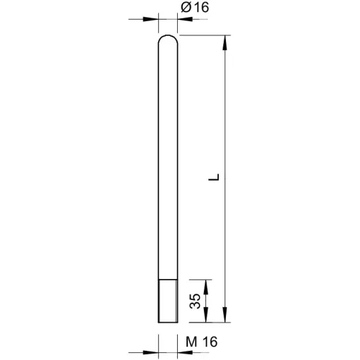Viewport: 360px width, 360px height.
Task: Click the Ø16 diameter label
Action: pos(195,8)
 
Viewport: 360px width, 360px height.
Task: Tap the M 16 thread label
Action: pos(202,342)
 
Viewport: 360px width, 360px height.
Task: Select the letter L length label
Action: pos(214,177)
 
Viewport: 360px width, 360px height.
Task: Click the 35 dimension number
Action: pos(195,301)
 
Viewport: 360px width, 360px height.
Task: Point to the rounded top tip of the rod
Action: pos(168,35)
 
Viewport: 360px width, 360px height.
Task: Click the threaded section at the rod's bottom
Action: pos(168,301)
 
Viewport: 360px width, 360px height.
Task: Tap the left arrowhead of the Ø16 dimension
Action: pos(150,19)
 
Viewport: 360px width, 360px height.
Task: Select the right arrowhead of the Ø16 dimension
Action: pos(185,19)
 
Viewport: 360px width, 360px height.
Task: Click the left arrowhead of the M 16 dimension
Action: pos(150,352)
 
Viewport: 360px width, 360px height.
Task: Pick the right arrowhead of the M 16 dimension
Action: pos(185,352)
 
